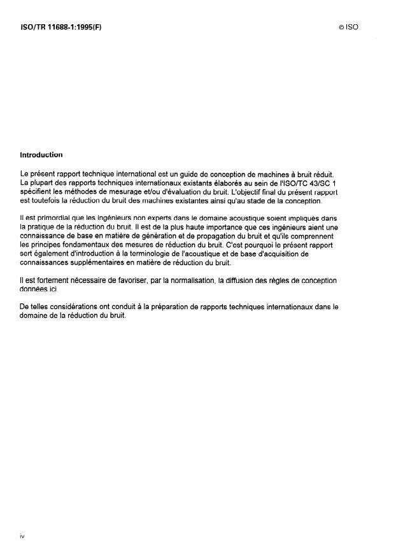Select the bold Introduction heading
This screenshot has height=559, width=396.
pyautogui.click(x=41, y=155)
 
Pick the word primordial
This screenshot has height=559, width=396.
pyautogui.click(x=52, y=219)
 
